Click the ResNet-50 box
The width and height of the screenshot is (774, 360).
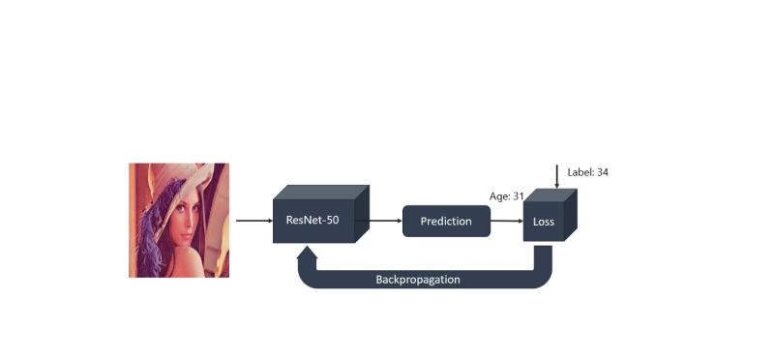coord(313,220)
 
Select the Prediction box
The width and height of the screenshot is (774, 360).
coord(446,222)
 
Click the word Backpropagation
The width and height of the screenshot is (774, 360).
coord(417,280)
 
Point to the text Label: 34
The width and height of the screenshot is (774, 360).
coord(587,172)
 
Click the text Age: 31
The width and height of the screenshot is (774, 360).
coord(506,196)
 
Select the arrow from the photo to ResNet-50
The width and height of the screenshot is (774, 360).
coord(254,221)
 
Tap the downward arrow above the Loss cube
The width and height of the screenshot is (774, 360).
coord(557,176)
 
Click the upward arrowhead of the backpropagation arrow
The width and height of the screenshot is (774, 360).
coord(307,253)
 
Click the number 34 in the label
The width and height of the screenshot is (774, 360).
coord(602,172)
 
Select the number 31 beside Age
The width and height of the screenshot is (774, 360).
coord(518,196)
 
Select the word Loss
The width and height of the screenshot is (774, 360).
coord(543,223)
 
